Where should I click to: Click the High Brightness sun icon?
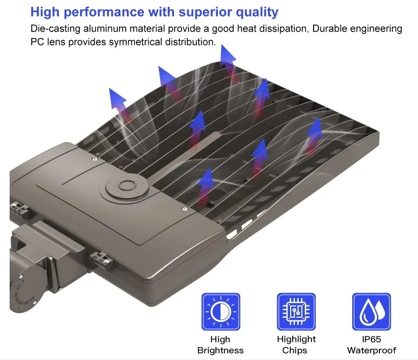(x=221, y=311)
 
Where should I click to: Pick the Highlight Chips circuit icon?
(x=296, y=311)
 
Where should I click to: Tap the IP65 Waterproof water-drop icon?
(x=371, y=311)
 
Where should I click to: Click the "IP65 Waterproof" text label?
(x=371, y=344)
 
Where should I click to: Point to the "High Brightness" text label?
(x=221, y=344)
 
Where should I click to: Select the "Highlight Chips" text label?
(x=296, y=344)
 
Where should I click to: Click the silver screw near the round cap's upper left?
(x=95, y=159)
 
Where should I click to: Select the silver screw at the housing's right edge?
(x=185, y=209)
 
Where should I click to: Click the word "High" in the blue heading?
(x=45, y=12)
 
